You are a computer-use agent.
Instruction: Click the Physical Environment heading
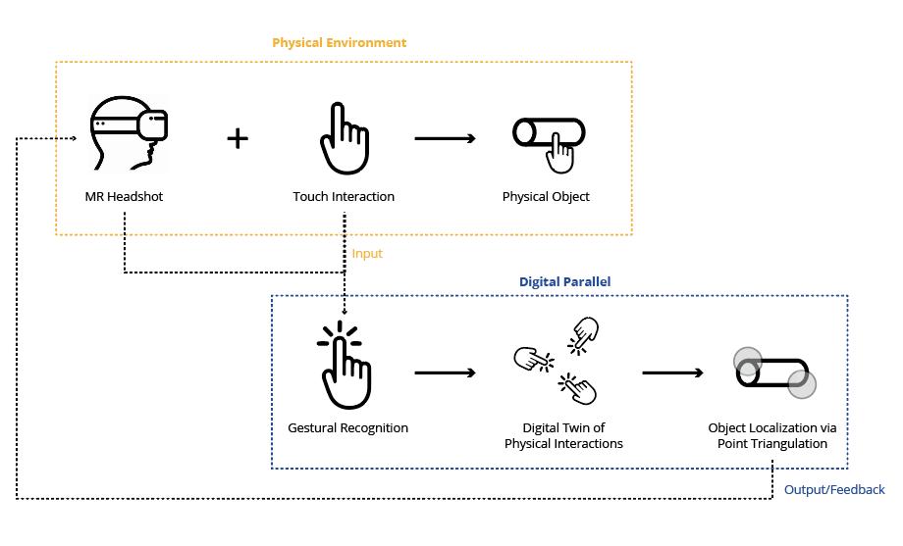339,43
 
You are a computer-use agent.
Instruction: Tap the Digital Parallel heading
564,282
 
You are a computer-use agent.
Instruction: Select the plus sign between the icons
238,138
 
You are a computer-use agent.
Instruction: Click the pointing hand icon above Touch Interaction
344,138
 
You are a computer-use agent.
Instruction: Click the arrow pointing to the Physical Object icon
446,138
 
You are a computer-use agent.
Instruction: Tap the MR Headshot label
124,197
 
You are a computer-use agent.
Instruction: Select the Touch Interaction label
344,197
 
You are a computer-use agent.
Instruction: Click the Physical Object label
546,197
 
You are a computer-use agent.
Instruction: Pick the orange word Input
367,254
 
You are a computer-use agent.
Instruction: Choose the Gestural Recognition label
347,428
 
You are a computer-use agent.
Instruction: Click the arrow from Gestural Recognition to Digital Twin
446,372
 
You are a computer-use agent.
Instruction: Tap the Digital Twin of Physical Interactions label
563,436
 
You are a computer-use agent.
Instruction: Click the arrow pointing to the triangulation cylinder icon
673,372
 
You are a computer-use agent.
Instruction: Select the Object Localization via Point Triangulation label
772,436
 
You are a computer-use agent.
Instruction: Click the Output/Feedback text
834,490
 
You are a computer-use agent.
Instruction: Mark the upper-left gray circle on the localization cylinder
748,361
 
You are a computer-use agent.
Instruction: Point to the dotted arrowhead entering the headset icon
74,138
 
